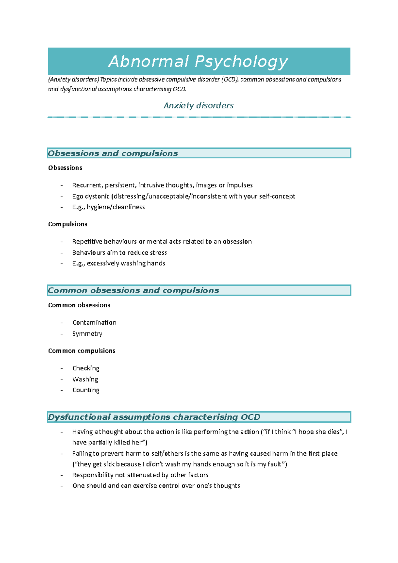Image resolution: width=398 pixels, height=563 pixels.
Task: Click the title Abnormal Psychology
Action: coord(198,62)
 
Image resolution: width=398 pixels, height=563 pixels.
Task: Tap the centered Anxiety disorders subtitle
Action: coord(198,105)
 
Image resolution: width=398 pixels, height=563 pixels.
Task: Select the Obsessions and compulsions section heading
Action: coord(113,153)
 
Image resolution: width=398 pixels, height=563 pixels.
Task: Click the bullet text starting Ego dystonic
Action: coord(183,196)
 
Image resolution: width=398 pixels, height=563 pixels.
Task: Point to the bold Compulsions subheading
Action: coord(68,224)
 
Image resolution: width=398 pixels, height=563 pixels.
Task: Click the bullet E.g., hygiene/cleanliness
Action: coord(108,207)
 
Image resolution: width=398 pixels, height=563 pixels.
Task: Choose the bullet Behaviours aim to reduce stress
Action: coord(119,253)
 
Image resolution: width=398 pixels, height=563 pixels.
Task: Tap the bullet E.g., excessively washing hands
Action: coord(118,263)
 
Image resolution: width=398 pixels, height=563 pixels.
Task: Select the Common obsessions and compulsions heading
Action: coord(133,290)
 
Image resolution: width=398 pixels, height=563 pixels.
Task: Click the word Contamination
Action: coord(94,323)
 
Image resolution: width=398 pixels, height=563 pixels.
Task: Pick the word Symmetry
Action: coord(87,334)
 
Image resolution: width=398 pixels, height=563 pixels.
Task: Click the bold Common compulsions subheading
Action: coord(82,351)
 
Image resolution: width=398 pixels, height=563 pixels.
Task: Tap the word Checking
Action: coord(86,368)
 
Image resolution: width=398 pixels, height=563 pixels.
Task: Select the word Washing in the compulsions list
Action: coord(85,379)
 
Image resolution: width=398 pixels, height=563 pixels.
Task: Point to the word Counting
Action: coord(86,390)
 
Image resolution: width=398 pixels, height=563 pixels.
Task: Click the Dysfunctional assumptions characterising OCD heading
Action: coord(154,417)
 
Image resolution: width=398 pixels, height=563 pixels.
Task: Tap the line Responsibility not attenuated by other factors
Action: coord(140,475)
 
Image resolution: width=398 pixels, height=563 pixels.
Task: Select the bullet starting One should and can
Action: coord(156,486)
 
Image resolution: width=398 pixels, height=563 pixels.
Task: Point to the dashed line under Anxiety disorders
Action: coord(199,117)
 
